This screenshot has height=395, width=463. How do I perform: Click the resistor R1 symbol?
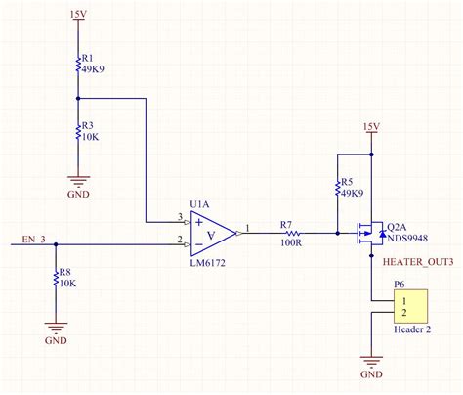77,65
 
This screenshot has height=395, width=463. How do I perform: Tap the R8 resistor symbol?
56,280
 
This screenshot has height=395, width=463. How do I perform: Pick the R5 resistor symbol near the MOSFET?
336,188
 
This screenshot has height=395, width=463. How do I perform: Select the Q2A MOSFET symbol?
367,233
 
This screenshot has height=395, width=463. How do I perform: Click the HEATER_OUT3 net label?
417,262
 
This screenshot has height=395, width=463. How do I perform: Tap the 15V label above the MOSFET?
371,128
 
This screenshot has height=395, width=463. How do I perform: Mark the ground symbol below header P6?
371,362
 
